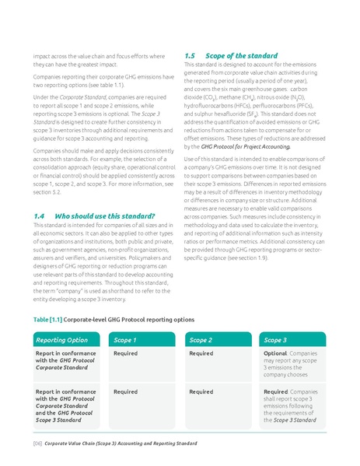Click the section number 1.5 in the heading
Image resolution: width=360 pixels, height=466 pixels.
[190, 56]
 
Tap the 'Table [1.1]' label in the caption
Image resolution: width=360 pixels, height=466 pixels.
[48, 319]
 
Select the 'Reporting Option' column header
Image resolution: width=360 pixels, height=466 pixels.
[62, 340]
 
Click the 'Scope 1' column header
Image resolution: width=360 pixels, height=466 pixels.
[125, 340]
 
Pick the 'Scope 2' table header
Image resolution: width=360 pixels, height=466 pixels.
[201, 340]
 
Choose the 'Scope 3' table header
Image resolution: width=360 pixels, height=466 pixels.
[275, 340]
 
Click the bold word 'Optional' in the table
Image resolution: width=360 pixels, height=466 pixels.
[275, 353]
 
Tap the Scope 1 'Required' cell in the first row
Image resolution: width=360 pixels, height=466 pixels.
[125, 353]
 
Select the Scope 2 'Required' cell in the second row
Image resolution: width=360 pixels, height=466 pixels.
[201, 391]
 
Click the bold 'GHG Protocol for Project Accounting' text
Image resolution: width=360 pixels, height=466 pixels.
[237, 145]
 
